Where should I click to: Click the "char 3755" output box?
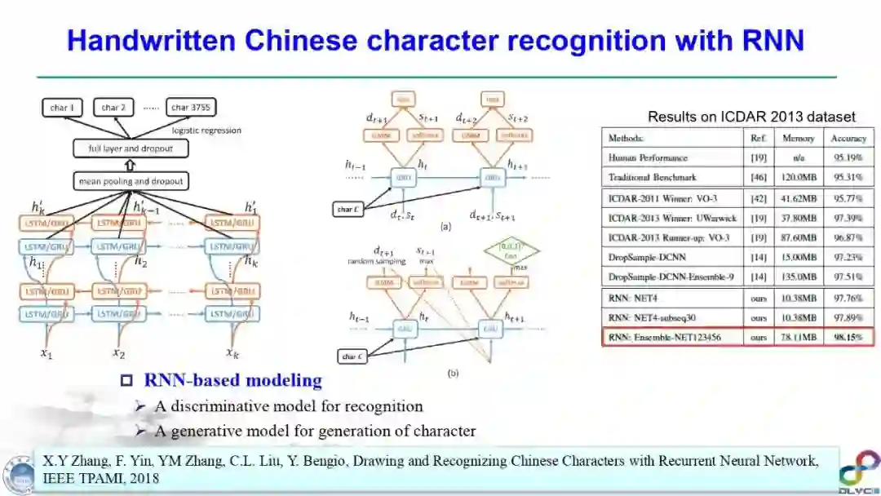click(192, 107)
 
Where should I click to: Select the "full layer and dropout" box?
click(131, 148)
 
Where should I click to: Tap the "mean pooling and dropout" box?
click(131, 180)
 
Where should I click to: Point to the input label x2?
click(119, 353)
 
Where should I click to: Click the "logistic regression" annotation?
click(207, 131)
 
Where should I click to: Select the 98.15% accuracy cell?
click(848, 336)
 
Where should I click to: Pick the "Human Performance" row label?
click(648, 157)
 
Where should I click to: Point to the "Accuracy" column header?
click(848, 138)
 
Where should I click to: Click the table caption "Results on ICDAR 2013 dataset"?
click(751, 117)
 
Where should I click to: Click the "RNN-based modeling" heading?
click(232, 380)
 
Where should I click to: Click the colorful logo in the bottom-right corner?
click(858, 469)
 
